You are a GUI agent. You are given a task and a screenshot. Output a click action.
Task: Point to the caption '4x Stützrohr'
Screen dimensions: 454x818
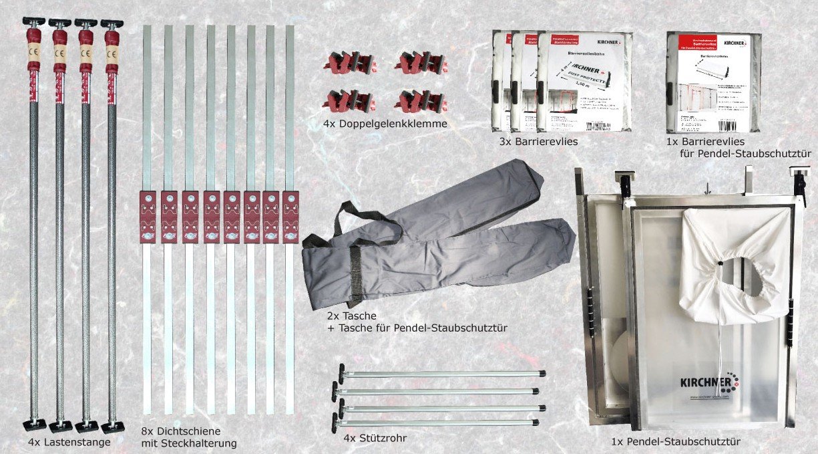pyautogui.click(x=376, y=439)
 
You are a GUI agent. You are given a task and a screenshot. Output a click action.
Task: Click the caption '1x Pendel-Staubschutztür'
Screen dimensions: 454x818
pyautogui.click(x=675, y=441)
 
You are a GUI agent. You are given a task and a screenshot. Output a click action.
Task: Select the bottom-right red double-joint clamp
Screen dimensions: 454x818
pyautogui.click(x=419, y=102)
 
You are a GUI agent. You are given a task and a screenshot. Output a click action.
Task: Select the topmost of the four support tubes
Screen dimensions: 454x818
pyautogui.click(x=441, y=373)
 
